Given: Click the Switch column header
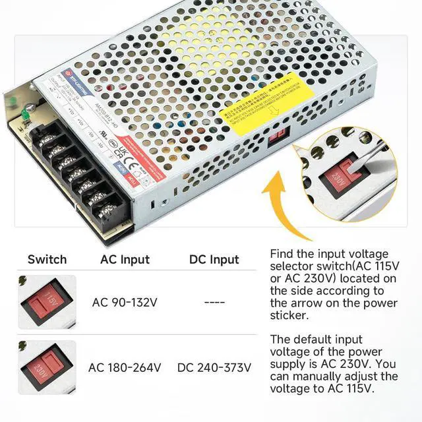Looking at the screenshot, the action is pyautogui.click(x=47, y=259).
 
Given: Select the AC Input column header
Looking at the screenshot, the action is pyautogui.click(x=125, y=259).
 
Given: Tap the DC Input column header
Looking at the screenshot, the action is pyautogui.click(x=214, y=259).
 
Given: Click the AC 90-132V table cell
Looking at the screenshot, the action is pyautogui.click(x=125, y=302).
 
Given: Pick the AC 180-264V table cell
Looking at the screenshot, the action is pyautogui.click(x=125, y=367).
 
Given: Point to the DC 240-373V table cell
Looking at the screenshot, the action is pyautogui.click(x=214, y=367).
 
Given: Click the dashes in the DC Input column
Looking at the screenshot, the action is pyautogui.click(x=214, y=302).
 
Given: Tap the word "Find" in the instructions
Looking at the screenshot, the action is pyautogui.click(x=283, y=254).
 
